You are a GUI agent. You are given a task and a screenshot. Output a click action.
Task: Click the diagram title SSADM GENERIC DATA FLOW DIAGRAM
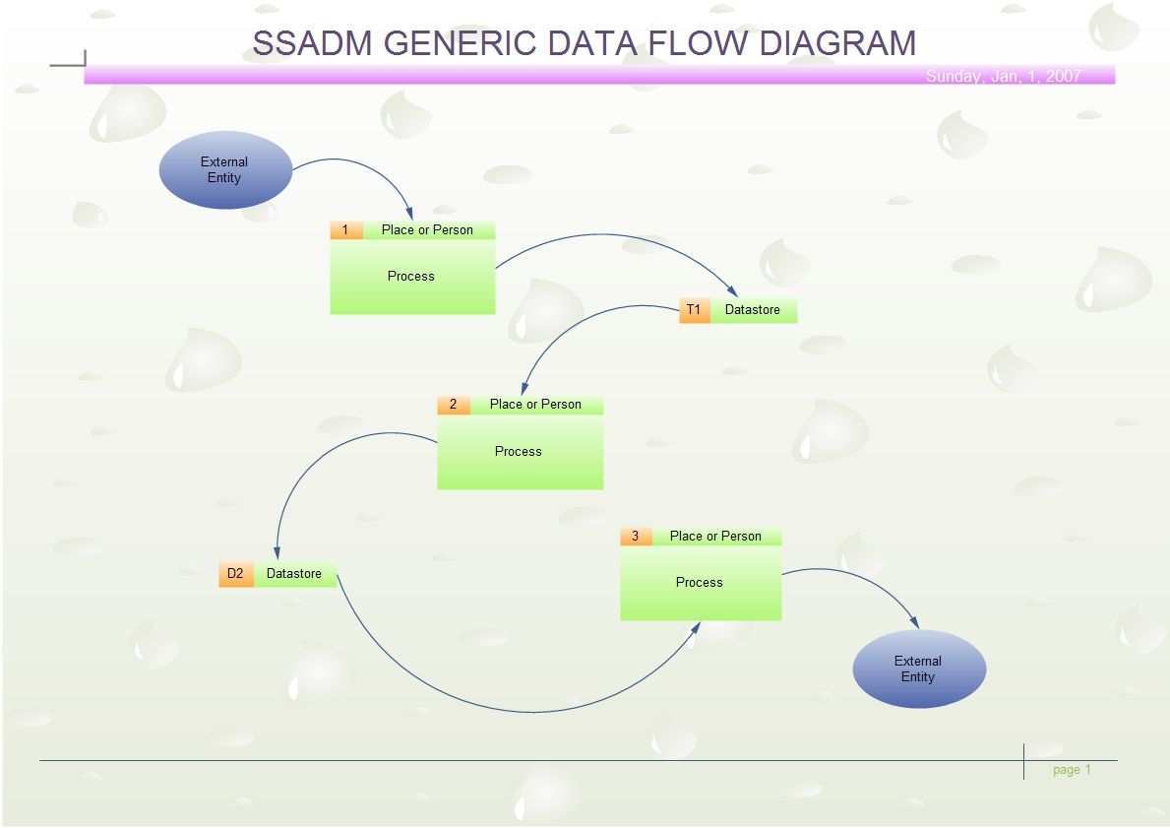(x=584, y=43)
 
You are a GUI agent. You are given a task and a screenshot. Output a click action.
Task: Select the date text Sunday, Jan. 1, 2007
(x=1003, y=76)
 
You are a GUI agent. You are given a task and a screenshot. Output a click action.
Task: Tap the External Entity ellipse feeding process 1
(x=225, y=170)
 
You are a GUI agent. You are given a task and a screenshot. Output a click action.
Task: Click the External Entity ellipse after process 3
(x=918, y=669)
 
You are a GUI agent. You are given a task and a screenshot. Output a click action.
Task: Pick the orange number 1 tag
(x=345, y=230)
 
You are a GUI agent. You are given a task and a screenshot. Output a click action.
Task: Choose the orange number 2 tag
(x=453, y=405)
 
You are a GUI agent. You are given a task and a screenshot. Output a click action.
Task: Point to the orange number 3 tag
(x=635, y=537)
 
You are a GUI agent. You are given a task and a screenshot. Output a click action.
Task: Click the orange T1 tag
(x=694, y=310)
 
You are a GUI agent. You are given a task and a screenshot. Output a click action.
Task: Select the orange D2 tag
(x=235, y=574)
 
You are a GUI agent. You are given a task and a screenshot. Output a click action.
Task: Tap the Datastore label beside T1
(x=753, y=310)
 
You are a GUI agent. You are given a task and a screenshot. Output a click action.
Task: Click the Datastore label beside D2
(x=294, y=574)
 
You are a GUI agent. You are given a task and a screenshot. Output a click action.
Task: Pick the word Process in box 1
(x=411, y=277)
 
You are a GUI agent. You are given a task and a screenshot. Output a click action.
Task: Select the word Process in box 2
(x=519, y=452)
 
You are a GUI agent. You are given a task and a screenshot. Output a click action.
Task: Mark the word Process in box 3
(x=700, y=583)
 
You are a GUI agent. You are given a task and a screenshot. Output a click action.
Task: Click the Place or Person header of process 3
(x=715, y=537)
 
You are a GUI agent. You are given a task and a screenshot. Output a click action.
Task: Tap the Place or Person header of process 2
(x=535, y=405)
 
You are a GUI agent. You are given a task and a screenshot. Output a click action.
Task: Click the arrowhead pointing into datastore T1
(x=732, y=291)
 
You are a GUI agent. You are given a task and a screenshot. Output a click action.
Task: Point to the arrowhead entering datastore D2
(x=277, y=553)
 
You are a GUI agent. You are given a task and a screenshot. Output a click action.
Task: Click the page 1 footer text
(x=1072, y=770)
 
